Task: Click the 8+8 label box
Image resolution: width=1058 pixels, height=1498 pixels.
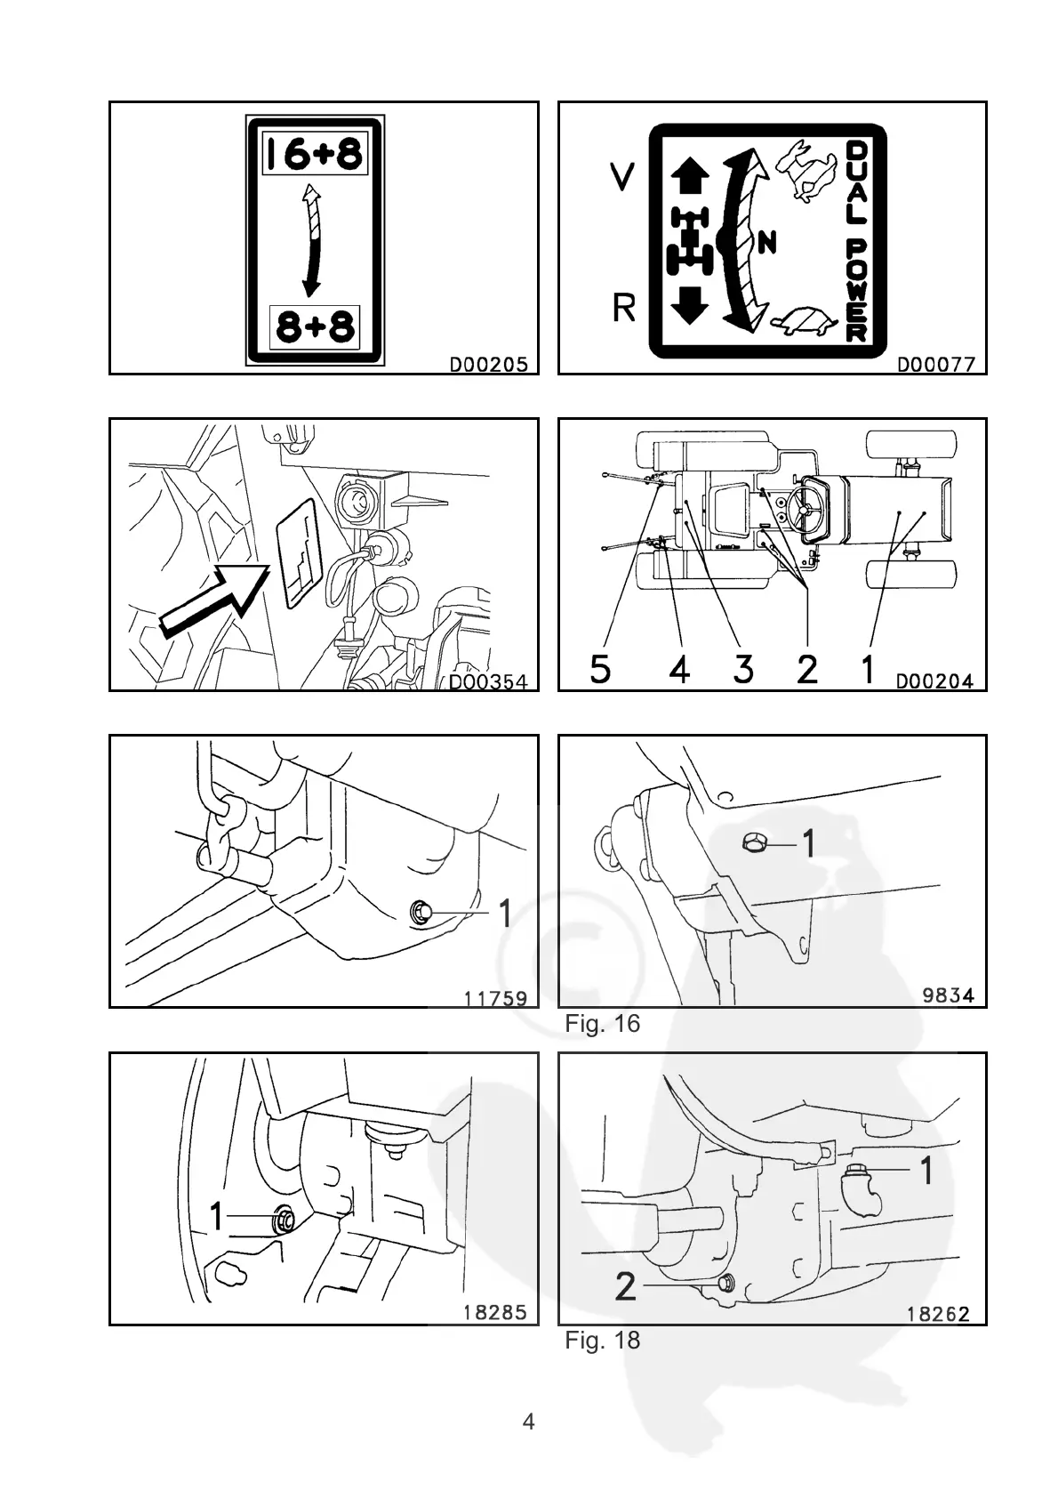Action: click(314, 327)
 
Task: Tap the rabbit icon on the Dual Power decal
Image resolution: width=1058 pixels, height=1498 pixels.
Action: click(808, 169)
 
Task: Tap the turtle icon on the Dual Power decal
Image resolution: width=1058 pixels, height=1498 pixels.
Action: click(806, 321)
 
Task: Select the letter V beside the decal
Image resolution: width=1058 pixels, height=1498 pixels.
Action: click(621, 177)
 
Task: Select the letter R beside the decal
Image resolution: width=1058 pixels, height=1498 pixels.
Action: click(624, 309)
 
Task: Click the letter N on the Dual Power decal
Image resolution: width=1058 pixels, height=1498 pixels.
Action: click(768, 241)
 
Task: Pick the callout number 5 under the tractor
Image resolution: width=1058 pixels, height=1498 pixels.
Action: click(600, 668)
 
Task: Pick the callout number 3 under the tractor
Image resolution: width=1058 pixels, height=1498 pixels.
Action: click(743, 668)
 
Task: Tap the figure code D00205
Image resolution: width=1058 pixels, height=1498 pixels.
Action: click(488, 364)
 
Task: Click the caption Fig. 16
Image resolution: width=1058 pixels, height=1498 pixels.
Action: click(602, 1024)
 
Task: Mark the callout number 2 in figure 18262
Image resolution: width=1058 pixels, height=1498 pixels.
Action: click(626, 1286)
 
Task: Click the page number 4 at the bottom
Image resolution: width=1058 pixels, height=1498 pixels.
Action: click(528, 1421)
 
